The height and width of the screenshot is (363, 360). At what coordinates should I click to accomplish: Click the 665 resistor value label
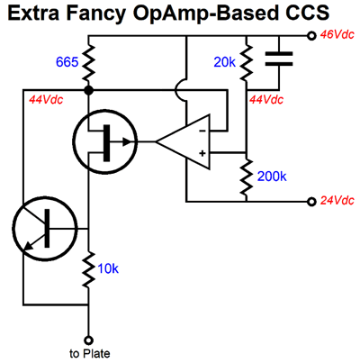click(x=67, y=62)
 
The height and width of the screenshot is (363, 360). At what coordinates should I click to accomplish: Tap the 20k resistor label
click(x=225, y=62)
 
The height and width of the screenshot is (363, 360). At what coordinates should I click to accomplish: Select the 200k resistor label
click(x=272, y=177)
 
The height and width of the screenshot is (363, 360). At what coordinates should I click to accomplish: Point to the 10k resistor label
click(x=108, y=268)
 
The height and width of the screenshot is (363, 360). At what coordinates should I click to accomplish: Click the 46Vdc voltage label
click(x=337, y=35)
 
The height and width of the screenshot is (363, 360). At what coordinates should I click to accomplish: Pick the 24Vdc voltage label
click(x=337, y=200)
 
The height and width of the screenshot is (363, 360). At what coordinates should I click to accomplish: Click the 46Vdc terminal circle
click(x=312, y=36)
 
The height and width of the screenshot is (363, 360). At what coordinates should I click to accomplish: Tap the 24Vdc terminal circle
click(x=312, y=202)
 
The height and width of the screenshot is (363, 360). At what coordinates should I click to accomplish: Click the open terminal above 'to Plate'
click(x=88, y=340)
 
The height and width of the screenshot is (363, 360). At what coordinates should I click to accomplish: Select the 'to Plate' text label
click(x=90, y=353)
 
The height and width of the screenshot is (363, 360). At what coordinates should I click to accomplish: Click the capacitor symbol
click(x=279, y=59)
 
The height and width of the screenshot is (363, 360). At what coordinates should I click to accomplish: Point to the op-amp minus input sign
click(x=202, y=131)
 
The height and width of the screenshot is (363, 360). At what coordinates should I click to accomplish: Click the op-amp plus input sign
click(x=202, y=153)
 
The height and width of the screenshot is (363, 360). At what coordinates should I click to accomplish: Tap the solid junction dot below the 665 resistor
click(x=88, y=90)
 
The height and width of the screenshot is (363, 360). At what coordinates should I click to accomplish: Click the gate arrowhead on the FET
click(x=128, y=141)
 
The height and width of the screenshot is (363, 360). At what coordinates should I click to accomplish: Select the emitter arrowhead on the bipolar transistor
click(x=28, y=247)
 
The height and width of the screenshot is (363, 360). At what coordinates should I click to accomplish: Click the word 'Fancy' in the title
click(x=95, y=14)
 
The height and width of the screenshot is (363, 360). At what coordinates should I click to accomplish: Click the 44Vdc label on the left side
click(x=46, y=100)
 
